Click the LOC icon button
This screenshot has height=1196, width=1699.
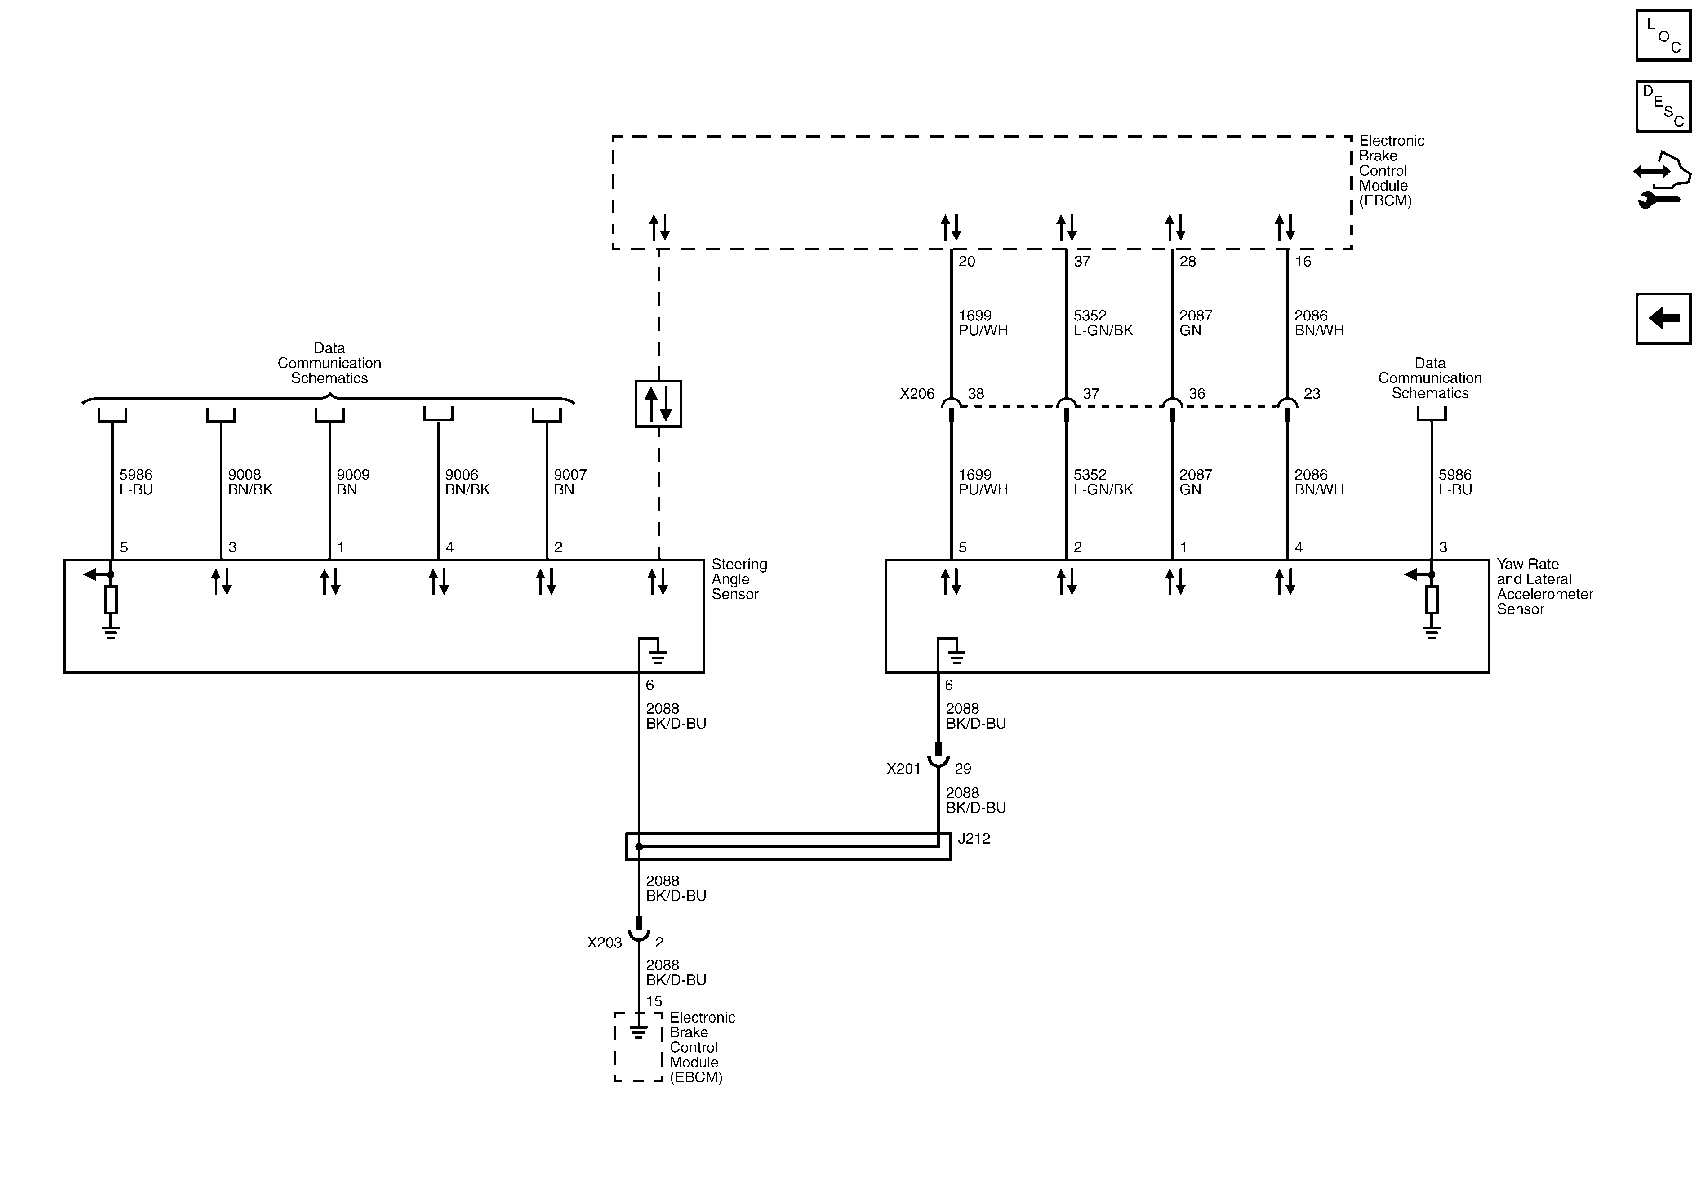1663,36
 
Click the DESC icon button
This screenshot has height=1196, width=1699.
1663,107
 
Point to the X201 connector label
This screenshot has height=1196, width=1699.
903,769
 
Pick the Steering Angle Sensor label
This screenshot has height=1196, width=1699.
738,579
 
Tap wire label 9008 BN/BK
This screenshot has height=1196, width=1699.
250,482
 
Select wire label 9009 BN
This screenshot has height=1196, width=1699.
352,482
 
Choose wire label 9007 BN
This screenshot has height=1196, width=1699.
570,482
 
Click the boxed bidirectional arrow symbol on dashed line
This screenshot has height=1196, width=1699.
658,404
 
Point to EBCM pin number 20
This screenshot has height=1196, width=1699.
966,261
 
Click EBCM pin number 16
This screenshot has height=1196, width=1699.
1303,261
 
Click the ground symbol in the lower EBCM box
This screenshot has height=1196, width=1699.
638,1031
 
